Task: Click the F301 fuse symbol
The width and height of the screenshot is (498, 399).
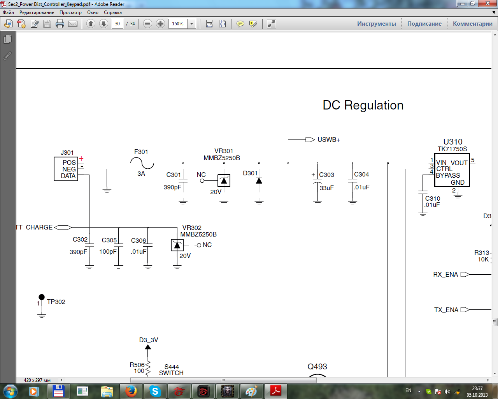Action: tap(142, 163)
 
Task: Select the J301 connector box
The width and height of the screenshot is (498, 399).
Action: tap(66, 169)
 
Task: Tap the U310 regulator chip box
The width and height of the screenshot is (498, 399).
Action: tap(452, 170)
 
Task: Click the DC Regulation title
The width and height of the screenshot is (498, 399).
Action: tap(363, 105)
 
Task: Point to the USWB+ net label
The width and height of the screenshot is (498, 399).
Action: tap(328, 140)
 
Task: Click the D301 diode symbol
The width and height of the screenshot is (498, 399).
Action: tap(259, 181)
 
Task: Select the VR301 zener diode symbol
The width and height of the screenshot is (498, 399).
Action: tap(224, 181)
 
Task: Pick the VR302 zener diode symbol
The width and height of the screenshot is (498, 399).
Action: tap(177, 245)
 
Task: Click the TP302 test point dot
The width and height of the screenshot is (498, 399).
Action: tap(42, 297)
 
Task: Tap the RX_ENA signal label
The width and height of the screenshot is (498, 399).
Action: tap(445, 274)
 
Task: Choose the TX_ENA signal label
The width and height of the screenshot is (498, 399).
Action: tap(446, 310)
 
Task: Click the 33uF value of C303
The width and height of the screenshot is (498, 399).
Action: tap(326, 188)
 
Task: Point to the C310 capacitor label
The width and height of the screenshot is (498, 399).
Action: tap(433, 198)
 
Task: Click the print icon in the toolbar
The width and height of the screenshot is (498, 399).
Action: tap(60, 24)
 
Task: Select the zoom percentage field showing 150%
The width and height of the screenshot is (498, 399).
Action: tap(178, 24)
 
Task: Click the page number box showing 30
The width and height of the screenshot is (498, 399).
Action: tap(117, 24)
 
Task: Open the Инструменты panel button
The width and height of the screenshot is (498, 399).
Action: tap(376, 24)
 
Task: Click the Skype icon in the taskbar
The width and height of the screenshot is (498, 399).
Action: tap(155, 391)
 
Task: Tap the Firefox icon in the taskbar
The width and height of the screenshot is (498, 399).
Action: tap(131, 391)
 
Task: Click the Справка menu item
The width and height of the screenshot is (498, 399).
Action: tap(113, 12)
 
